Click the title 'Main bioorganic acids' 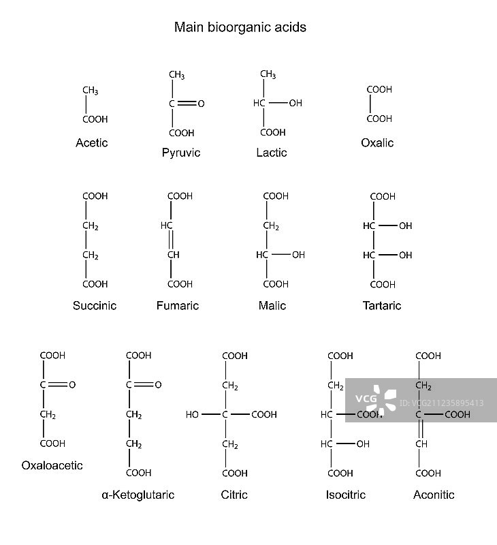[240, 28]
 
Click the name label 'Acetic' [92, 143]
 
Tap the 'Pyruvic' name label [181, 153]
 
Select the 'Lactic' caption [272, 153]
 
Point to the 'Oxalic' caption [377, 143]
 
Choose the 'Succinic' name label [95, 306]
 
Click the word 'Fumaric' [178, 306]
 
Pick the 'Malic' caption [272, 306]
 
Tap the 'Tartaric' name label [382, 306]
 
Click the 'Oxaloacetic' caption [52, 466]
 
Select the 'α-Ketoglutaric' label [138, 495]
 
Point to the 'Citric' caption [234, 495]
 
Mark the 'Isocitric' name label [346, 495]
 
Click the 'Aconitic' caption [434, 495]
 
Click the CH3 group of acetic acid [91, 91]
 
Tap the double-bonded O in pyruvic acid [201, 104]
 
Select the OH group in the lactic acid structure [295, 104]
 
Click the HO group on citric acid [193, 414]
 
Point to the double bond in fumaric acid [172, 240]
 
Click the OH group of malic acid [298, 255]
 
